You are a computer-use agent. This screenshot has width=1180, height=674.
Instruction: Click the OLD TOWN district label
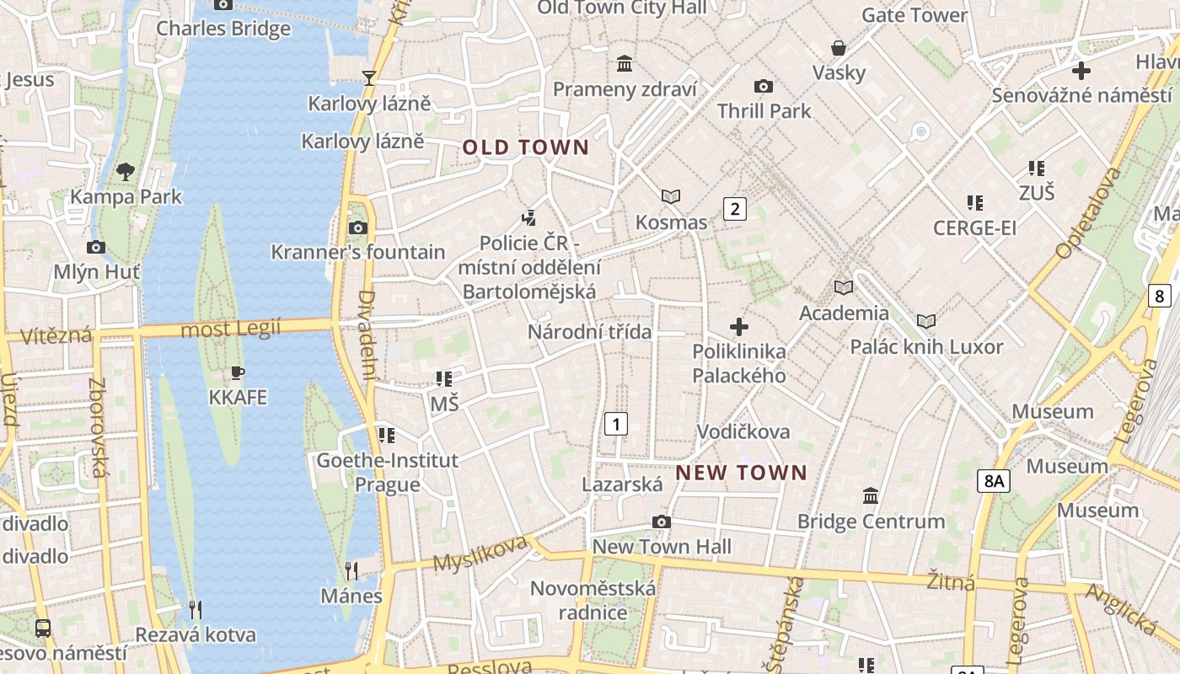[525, 147]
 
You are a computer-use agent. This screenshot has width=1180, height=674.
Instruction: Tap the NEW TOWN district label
[741, 473]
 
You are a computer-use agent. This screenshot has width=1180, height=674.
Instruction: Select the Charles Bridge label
[223, 29]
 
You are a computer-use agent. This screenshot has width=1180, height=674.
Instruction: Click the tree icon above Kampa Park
[126, 172]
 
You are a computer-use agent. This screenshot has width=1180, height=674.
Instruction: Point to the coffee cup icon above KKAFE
[238, 372]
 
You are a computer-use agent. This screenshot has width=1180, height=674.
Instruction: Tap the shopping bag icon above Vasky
[839, 48]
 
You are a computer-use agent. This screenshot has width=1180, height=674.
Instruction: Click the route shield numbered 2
[735, 209]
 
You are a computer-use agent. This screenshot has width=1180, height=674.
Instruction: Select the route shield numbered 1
[616, 423]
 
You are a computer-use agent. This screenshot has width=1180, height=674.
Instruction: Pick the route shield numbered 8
[1160, 296]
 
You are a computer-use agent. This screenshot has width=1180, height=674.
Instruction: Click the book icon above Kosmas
[671, 197]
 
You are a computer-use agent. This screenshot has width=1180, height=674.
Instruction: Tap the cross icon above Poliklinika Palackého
[739, 327]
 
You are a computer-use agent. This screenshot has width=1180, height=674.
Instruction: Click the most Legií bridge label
[231, 329]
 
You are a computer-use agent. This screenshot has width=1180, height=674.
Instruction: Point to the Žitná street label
[950, 581]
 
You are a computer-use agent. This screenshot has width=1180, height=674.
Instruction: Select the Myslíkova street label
[480, 554]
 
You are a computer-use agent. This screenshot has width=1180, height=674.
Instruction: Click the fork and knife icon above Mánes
[351, 571]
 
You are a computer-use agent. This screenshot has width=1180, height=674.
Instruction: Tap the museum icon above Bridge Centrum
[871, 496]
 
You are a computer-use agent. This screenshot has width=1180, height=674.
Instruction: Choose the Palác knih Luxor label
[926, 346]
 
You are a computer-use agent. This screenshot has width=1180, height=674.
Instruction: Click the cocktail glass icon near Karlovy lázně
[368, 78]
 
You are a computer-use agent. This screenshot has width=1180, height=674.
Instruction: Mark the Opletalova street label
[1088, 212]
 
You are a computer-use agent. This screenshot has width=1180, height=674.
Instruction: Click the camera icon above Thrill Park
[764, 86]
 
